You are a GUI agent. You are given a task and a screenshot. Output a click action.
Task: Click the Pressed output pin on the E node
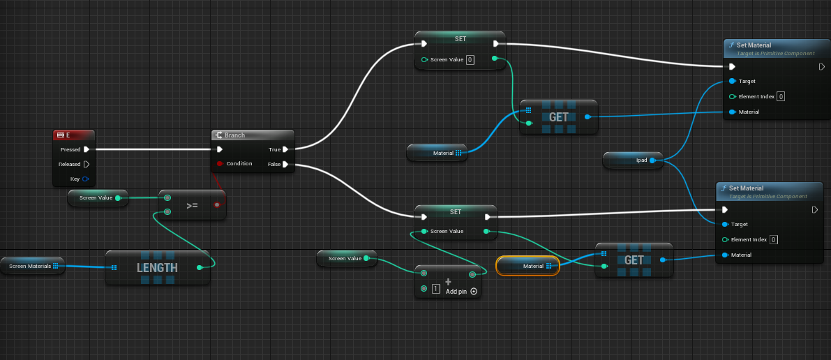click(x=87, y=149)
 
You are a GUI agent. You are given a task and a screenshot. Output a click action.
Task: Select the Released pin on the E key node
click(x=87, y=165)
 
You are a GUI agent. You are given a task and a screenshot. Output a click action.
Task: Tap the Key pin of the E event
click(x=85, y=179)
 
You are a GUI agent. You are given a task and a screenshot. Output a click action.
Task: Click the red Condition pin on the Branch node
click(x=220, y=163)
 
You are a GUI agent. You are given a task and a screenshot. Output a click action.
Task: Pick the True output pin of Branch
click(x=285, y=149)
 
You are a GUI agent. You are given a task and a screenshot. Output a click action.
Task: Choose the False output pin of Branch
click(x=285, y=165)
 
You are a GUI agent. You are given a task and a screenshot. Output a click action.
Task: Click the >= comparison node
click(x=192, y=204)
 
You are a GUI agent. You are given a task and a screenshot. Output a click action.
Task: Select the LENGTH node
click(x=158, y=267)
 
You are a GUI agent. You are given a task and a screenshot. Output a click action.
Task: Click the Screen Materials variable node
click(x=32, y=266)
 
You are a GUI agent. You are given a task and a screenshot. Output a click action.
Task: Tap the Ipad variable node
click(x=634, y=160)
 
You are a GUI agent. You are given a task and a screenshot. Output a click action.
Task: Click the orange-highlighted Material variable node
click(x=527, y=266)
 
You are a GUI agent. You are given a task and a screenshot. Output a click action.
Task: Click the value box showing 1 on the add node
click(x=436, y=289)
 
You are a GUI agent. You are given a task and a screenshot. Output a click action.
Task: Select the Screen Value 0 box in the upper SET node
click(x=470, y=60)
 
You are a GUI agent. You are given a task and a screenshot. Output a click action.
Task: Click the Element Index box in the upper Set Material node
click(x=781, y=96)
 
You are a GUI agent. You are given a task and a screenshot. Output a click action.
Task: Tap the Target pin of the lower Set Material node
click(x=725, y=224)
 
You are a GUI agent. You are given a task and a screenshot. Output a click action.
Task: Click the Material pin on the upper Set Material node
click(x=732, y=112)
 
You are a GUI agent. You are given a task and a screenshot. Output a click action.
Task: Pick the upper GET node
click(x=559, y=117)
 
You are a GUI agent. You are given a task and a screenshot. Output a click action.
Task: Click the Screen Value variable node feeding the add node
click(x=347, y=258)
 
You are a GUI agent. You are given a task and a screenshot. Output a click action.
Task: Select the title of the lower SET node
click(x=456, y=211)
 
